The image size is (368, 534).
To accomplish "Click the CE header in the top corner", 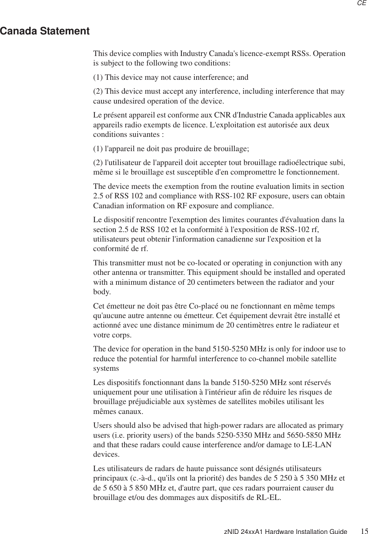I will pyautogui.click(x=361, y=3).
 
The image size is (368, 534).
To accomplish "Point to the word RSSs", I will pyautogui.click(x=301, y=54).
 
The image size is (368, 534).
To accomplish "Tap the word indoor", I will pyautogui.click(x=316, y=349).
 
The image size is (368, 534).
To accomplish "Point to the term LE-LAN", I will pyautogui.click(x=317, y=445).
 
